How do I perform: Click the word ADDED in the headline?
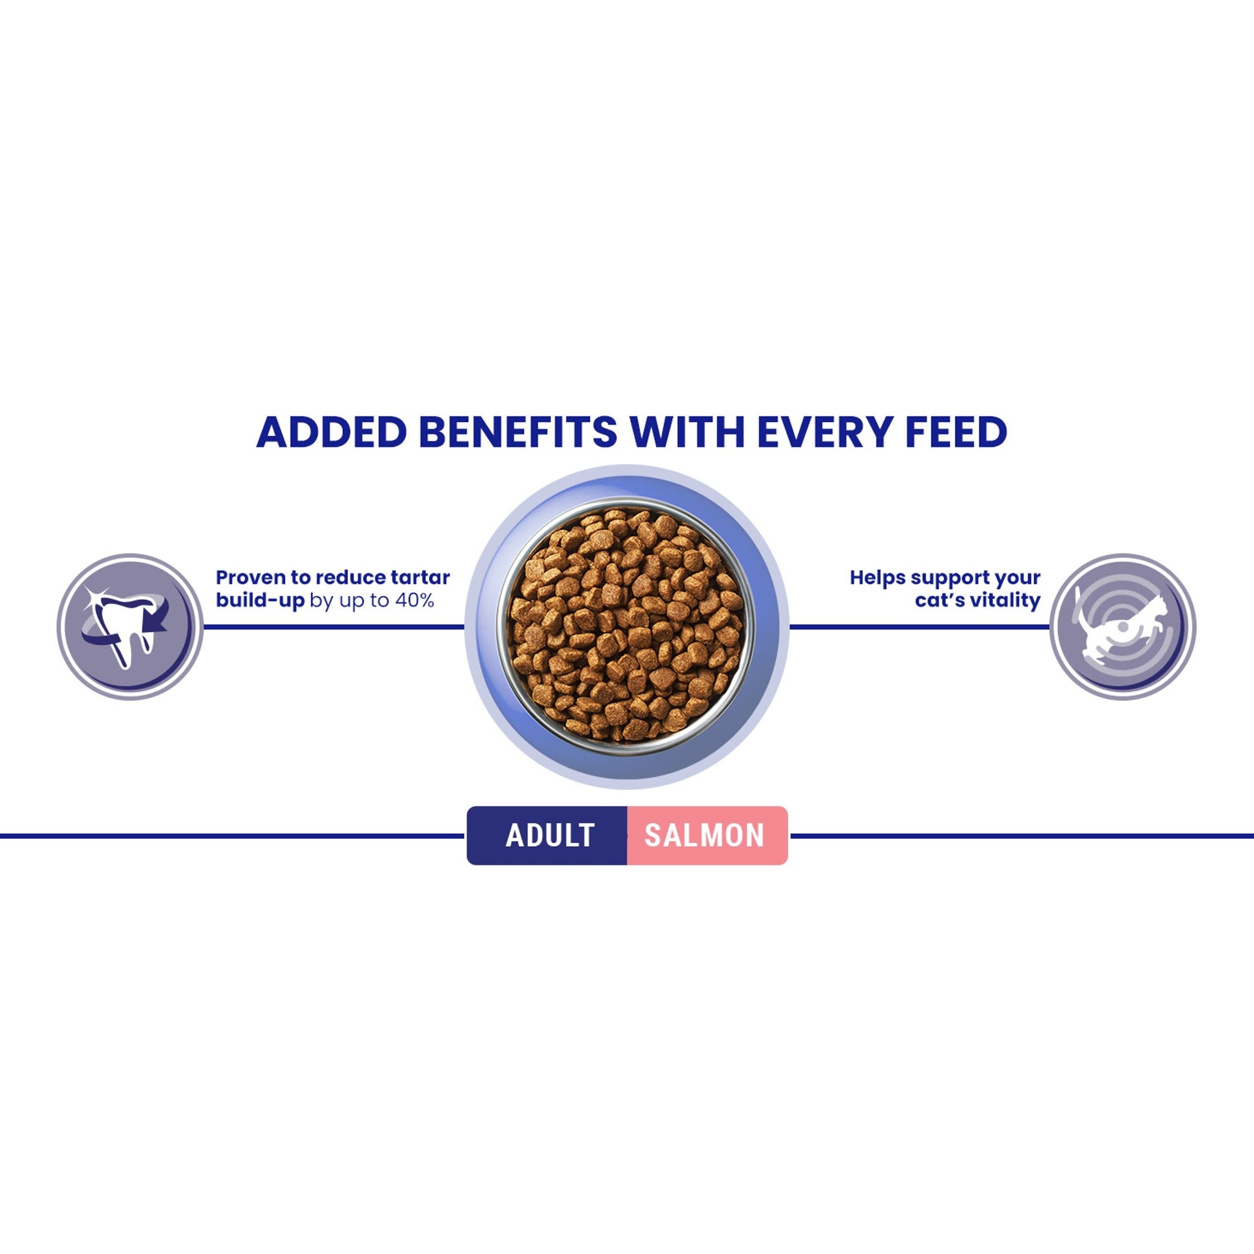[331, 432]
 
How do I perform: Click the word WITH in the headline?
[688, 432]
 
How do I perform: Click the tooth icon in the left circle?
[126, 626]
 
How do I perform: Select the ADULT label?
[550, 835]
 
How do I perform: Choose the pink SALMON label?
[705, 835]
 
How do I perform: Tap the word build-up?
[260, 601]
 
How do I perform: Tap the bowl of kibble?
[626, 626]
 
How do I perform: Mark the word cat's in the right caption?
[939, 601]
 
